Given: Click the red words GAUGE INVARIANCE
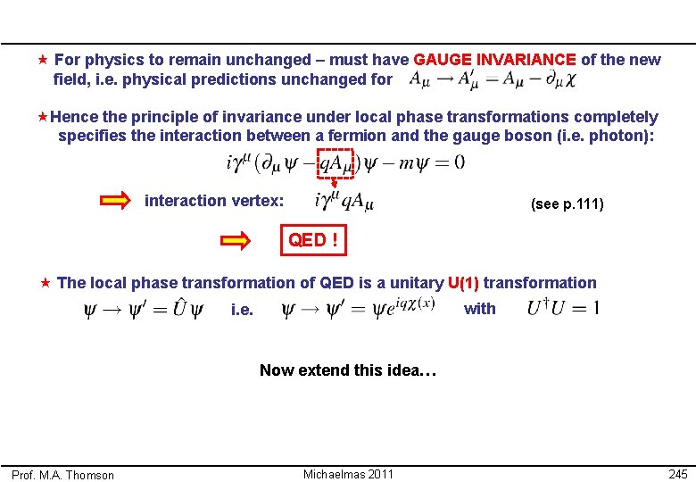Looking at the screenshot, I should coord(495,60).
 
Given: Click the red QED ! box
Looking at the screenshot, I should coord(312,240).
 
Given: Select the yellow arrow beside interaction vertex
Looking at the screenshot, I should coord(115,201).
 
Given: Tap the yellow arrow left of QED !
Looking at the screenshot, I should coord(236,240).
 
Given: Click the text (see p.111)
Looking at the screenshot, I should coord(567,204).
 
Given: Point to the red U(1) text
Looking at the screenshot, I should coord(463,283).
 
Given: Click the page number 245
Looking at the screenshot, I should coord(677,474).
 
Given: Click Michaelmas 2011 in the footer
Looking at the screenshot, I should coord(347,474).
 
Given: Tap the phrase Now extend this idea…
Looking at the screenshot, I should coord(348,370).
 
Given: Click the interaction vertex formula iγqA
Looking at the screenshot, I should coord(344,203).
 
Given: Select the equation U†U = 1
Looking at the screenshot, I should coord(563,309).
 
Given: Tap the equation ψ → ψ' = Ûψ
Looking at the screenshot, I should coord(143,310).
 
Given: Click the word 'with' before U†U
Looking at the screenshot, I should coord(480,309).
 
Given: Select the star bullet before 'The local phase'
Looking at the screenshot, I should coord(45,283).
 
